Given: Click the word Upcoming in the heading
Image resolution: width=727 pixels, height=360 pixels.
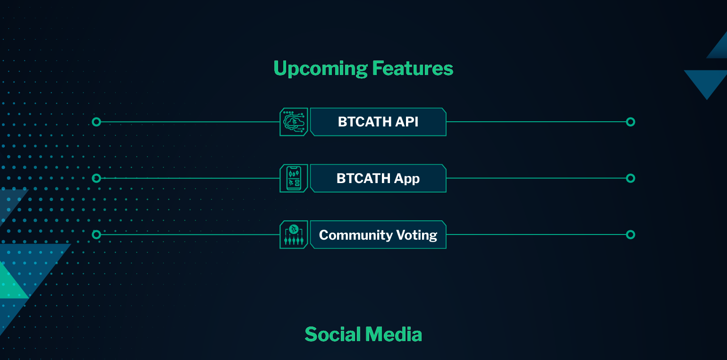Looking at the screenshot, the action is coord(321,69).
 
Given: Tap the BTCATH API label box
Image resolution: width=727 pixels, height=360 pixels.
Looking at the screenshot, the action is coord(378,122).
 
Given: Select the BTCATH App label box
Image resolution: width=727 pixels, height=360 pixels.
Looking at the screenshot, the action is coord(378,178).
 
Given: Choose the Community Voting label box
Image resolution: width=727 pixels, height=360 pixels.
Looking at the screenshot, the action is coord(378,235).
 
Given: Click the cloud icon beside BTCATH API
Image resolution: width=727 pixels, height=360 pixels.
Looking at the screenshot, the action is coord(294,122).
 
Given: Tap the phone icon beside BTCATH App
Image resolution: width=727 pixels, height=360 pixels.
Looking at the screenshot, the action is coord(294,178).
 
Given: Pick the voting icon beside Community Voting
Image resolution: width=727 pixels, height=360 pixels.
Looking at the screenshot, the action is coord(294,235).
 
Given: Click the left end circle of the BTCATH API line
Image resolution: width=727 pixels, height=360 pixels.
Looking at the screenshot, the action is coord(96,122).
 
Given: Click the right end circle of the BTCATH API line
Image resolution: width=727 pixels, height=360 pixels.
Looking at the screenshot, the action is coord(630,122).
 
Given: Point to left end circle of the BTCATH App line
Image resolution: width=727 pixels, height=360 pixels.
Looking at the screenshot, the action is coord(96,178).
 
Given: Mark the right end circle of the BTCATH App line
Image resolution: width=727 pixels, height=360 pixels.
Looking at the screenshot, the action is coord(630,178).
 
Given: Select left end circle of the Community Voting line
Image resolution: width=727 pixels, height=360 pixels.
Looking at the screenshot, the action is coord(96,235).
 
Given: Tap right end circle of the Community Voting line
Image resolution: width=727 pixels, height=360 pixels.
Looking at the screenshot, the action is coord(630,235).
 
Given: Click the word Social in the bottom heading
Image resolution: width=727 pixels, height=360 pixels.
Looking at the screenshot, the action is coord(333,335).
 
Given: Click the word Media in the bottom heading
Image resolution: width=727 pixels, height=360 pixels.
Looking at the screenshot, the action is coord(394,335).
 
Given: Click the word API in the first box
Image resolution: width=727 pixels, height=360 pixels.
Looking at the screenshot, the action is coord(406,122).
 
